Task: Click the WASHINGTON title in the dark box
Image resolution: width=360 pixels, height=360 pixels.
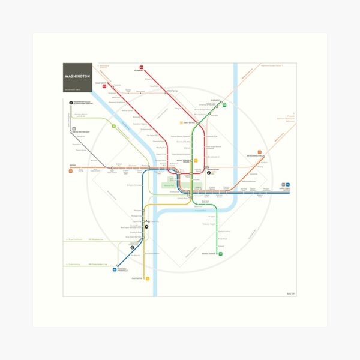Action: tap(77, 77)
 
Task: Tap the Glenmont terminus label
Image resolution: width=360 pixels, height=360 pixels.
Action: tap(139, 71)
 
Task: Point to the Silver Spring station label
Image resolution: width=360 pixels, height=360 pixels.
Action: tap(173, 91)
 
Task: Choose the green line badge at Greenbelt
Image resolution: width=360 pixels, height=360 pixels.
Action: tap(224, 105)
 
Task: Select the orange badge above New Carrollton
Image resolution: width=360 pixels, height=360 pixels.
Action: tap(260, 151)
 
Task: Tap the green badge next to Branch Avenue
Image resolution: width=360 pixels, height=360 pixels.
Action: tap(221, 254)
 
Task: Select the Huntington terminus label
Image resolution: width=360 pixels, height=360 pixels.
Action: tap(137, 278)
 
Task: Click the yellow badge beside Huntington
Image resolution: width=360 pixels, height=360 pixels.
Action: tap(147, 278)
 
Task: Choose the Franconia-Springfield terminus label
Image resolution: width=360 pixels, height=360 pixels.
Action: tap(121, 271)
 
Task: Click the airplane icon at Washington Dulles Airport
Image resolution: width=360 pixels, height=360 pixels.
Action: tap(71, 103)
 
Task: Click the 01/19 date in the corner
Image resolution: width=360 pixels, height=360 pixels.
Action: tap(292, 293)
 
